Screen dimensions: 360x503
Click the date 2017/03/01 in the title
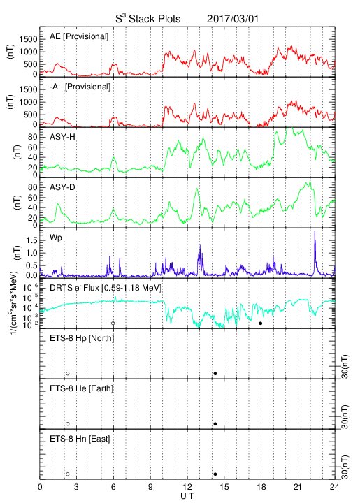click(232, 19)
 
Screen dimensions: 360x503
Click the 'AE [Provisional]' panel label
click(79, 36)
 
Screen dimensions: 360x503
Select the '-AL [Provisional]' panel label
click(80, 87)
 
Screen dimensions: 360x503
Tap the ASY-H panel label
click(62, 137)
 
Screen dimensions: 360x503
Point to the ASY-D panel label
click(62, 187)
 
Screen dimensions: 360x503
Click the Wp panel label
click(55, 238)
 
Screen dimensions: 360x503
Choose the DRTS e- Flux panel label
click(106, 288)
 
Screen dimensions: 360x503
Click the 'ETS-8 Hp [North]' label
click(82, 338)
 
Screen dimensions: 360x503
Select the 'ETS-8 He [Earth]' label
click(82, 388)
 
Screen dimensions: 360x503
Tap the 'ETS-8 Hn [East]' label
click(80, 439)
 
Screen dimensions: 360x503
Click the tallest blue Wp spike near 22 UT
click(315, 232)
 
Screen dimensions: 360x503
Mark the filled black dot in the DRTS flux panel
click(261, 323)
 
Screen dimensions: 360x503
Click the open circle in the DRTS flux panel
click(113, 323)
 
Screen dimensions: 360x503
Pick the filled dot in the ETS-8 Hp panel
click(215, 373)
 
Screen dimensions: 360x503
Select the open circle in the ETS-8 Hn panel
click(68, 474)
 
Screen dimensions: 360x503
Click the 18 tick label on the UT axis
click(261, 487)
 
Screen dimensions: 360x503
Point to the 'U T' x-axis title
click(187, 496)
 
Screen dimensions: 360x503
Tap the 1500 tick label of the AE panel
click(28, 39)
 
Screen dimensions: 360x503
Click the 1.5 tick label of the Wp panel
click(31, 240)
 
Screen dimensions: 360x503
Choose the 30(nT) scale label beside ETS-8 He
click(345, 416)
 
